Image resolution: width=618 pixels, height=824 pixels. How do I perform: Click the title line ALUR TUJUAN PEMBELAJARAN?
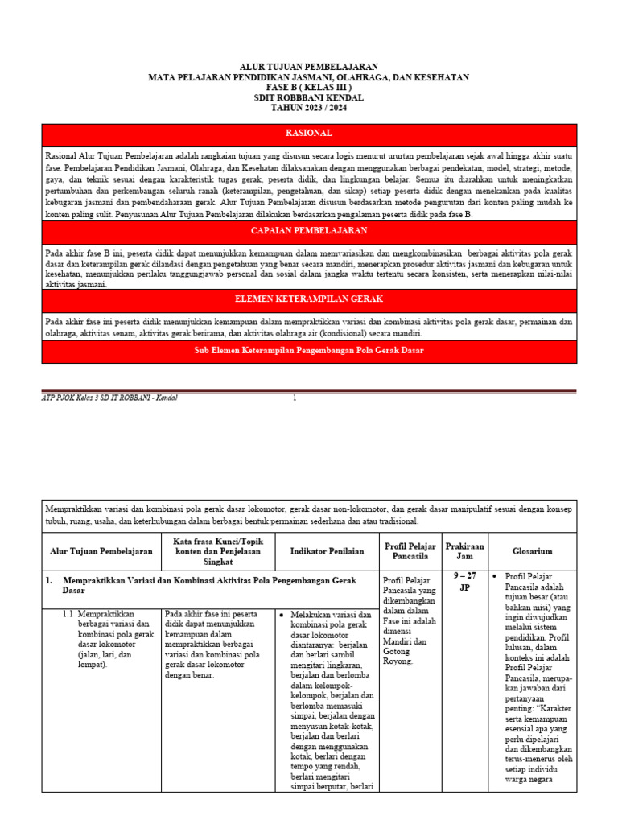pos(309,67)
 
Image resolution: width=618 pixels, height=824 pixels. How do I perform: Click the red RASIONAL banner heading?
pos(309,133)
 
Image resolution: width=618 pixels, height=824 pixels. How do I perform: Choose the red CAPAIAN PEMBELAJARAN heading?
pos(309,231)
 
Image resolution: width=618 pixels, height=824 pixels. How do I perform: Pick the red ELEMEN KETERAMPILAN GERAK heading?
pos(309,299)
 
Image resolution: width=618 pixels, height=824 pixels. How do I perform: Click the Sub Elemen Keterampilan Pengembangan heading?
pos(309,350)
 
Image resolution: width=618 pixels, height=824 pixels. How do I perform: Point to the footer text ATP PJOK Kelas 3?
pos(109,398)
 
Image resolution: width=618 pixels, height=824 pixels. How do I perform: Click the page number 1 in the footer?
pos(295,398)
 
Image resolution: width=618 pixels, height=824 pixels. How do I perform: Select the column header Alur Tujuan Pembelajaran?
pos(101,551)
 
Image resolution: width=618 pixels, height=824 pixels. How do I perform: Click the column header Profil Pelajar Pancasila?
pos(410,551)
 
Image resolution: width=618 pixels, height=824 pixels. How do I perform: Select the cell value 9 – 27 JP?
pos(464,581)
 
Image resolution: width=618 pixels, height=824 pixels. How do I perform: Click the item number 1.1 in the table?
pos(68,614)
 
